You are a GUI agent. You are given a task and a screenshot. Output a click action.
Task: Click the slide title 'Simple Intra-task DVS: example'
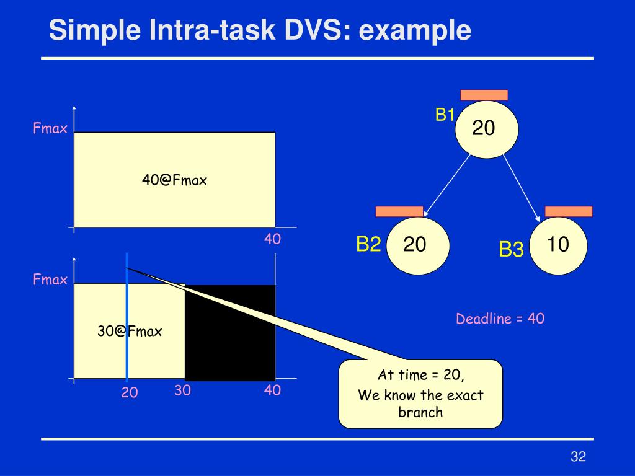(x=260, y=30)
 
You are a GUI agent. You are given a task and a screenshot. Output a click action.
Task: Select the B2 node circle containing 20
(x=416, y=245)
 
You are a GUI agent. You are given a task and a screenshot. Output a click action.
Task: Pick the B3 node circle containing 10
(x=559, y=245)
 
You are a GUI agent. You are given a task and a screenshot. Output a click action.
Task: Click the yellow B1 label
(x=445, y=115)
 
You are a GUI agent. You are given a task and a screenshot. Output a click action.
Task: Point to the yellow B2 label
(x=368, y=245)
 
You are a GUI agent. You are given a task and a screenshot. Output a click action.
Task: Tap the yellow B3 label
(x=512, y=250)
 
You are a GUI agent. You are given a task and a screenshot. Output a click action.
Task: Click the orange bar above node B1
(x=484, y=95)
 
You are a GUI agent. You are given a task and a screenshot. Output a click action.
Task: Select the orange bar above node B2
(x=399, y=211)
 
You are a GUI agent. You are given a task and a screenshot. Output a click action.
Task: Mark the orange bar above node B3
(x=569, y=211)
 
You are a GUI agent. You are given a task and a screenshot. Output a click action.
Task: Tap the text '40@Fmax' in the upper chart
(x=174, y=180)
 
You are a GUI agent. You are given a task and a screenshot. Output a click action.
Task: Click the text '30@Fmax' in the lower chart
(x=129, y=332)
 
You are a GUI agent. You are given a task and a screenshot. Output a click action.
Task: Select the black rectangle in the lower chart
(x=230, y=333)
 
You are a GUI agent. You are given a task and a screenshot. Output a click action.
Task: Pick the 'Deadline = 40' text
(x=500, y=319)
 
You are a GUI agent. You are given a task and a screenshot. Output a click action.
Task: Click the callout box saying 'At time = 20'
(x=420, y=394)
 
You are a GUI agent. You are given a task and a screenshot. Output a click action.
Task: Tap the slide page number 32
(x=578, y=457)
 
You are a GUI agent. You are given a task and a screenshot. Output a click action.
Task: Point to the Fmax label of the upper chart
(x=50, y=130)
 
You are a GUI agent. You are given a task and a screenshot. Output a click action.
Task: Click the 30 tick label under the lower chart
(x=182, y=390)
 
